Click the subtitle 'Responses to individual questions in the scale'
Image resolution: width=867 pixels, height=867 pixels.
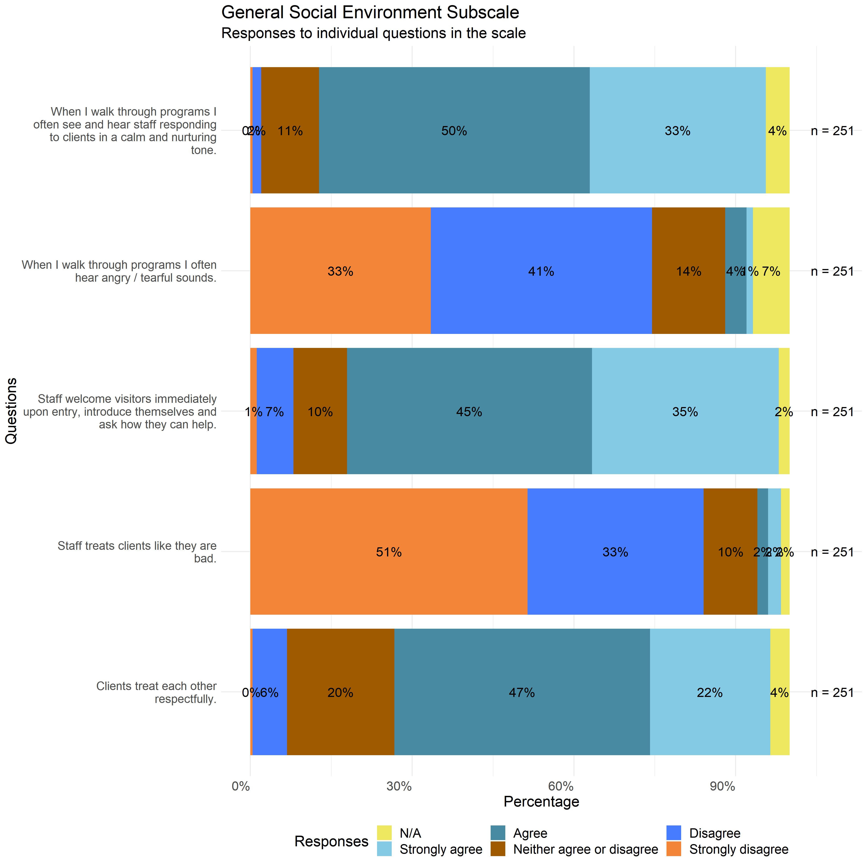(x=373, y=33)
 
